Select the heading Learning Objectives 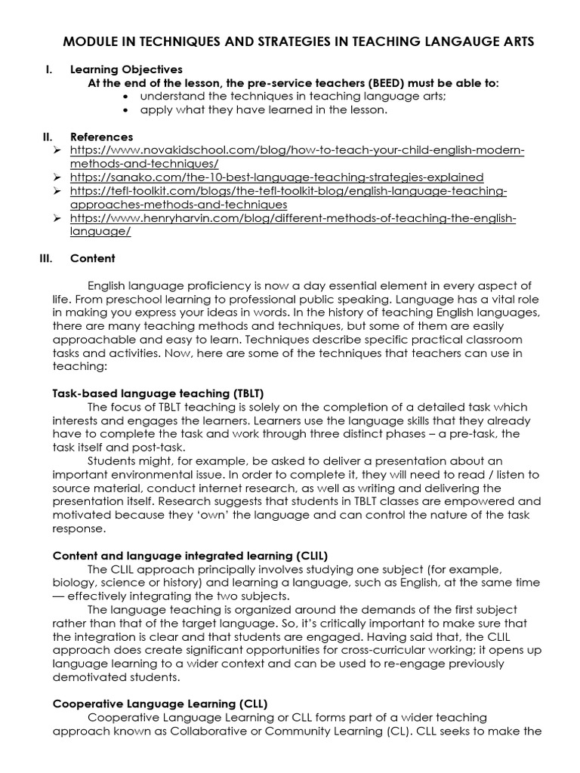pos(126,69)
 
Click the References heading pos(101,137)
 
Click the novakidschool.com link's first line pos(298,150)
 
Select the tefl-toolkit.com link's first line pos(288,191)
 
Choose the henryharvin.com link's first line pos(293,218)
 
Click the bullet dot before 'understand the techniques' pos(125,97)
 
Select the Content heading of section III pos(93,258)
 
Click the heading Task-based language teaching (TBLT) pos(158,393)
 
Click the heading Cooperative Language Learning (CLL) pos(159,704)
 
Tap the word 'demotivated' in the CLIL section pos(88,676)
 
